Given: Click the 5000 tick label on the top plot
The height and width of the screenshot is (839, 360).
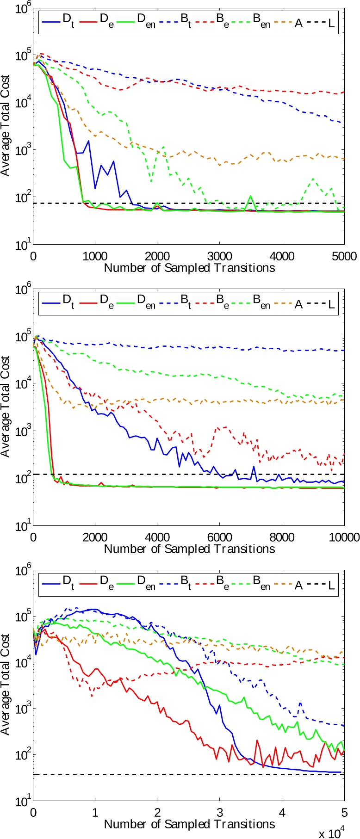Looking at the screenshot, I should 344,256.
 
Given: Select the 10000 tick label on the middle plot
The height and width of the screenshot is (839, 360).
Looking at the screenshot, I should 344,537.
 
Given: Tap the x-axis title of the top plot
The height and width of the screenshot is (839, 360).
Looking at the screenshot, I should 189,267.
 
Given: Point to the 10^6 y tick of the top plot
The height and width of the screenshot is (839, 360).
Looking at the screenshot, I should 20,7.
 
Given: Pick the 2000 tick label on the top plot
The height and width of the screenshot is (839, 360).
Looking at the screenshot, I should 157,256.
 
